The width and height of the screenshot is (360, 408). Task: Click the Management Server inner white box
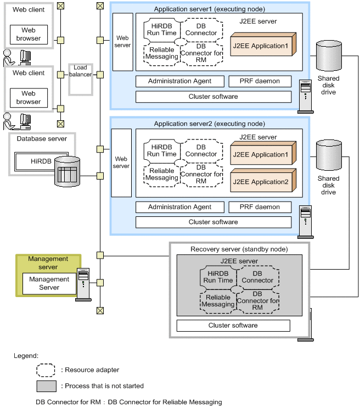tap(49, 283)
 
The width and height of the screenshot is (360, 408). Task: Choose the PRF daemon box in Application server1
tap(260, 81)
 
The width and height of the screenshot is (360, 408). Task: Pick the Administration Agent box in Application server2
tap(179, 207)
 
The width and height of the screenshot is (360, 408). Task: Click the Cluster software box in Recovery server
tap(233, 326)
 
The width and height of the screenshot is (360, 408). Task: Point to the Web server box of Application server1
tap(122, 42)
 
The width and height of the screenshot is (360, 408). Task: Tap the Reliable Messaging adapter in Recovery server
tap(217, 301)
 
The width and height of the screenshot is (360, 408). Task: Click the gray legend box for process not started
tap(46, 386)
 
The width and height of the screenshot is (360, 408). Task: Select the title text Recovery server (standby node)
tap(239, 249)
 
